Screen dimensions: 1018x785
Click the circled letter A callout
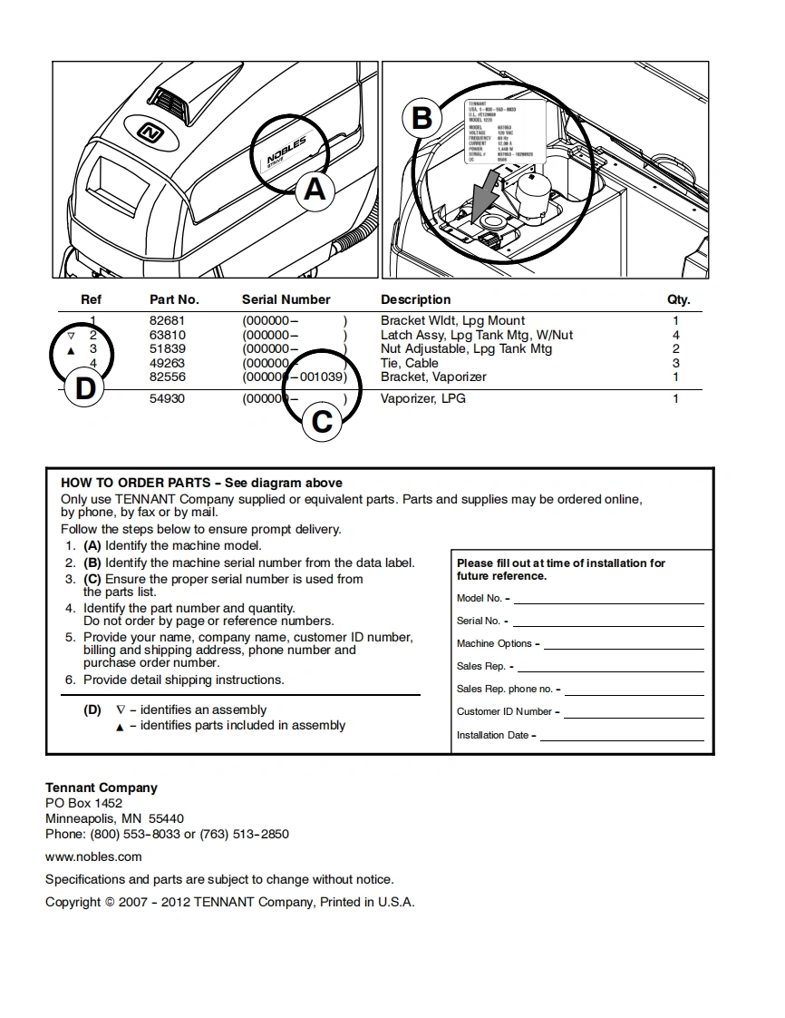[x=315, y=191]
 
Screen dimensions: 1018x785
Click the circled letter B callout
[x=422, y=119]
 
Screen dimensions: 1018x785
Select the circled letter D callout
[x=84, y=389]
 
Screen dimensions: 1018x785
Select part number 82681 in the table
[x=167, y=321]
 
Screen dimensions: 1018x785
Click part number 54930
[x=167, y=399]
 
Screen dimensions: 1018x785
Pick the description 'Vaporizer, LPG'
[x=422, y=399]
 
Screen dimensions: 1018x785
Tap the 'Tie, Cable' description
[x=409, y=363]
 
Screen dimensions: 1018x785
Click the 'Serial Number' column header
[x=286, y=300]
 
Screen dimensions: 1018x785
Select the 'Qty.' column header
[x=678, y=300]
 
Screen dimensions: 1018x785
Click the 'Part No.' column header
[x=174, y=300]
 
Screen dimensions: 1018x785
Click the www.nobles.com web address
[x=93, y=857]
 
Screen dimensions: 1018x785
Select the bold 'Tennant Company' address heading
[x=102, y=788]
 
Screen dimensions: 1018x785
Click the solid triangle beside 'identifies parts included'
[x=120, y=728]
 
